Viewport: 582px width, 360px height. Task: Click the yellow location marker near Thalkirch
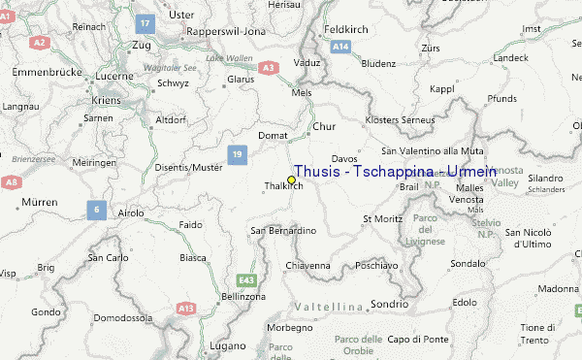pos(291,180)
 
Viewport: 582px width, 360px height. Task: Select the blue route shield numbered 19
pos(237,153)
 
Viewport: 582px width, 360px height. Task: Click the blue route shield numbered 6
pos(95,209)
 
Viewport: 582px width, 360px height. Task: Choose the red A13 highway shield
pos(185,308)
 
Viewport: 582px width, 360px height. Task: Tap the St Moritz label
pos(381,219)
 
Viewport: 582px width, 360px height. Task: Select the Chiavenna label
pos(307,265)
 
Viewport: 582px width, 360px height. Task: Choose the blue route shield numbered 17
pos(145,22)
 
